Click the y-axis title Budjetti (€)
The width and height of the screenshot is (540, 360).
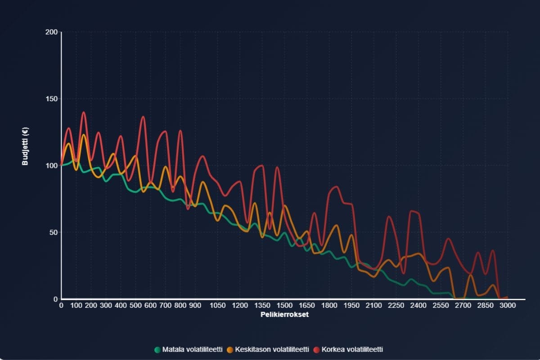click(26, 145)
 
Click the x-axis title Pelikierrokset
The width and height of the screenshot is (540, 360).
click(284, 315)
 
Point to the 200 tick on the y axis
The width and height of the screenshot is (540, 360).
click(51, 32)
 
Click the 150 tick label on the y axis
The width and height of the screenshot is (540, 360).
click(51, 99)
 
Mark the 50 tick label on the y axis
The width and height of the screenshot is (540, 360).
click(53, 232)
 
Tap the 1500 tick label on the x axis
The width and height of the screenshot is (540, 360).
click(284, 306)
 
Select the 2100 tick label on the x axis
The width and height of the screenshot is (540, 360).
click(373, 306)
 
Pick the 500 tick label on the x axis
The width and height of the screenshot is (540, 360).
click(135, 306)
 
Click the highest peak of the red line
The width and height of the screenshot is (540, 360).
click(83, 112)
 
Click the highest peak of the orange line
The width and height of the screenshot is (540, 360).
click(83, 135)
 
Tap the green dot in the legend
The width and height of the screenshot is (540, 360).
click(157, 350)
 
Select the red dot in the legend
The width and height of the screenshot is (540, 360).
click(317, 350)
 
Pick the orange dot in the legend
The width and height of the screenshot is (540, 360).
click(230, 350)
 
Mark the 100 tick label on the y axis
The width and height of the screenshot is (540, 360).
click(51, 166)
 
